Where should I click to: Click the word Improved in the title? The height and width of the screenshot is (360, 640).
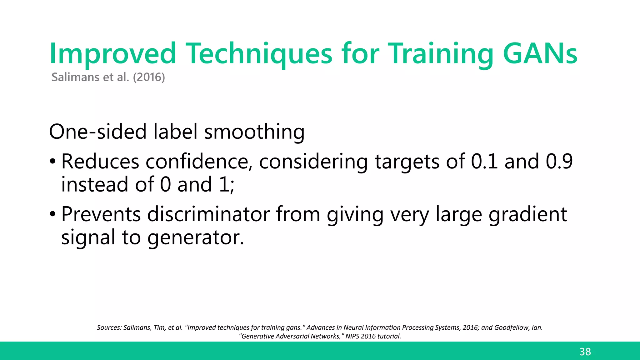click(112, 54)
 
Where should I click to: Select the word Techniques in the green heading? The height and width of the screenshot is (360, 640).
click(259, 54)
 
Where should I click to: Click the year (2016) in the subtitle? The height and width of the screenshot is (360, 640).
click(149, 77)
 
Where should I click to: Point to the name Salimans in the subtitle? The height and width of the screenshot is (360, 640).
click(75, 77)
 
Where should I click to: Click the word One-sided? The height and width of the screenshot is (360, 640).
click(98, 132)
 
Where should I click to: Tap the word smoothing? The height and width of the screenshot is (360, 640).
click(254, 132)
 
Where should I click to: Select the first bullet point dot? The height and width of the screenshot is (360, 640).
click(52, 162)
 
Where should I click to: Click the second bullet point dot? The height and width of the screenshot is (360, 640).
click(52, 215)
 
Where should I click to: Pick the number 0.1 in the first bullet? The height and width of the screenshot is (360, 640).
click(484, 162)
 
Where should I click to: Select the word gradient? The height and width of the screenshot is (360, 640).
click(528, 214)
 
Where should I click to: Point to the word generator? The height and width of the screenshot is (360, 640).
click(196, 237)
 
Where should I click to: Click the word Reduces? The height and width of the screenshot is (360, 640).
click(100, 162)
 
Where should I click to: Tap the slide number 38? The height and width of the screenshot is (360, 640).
click(585, 352)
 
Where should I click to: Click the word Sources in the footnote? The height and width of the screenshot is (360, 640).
click(108, 327)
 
